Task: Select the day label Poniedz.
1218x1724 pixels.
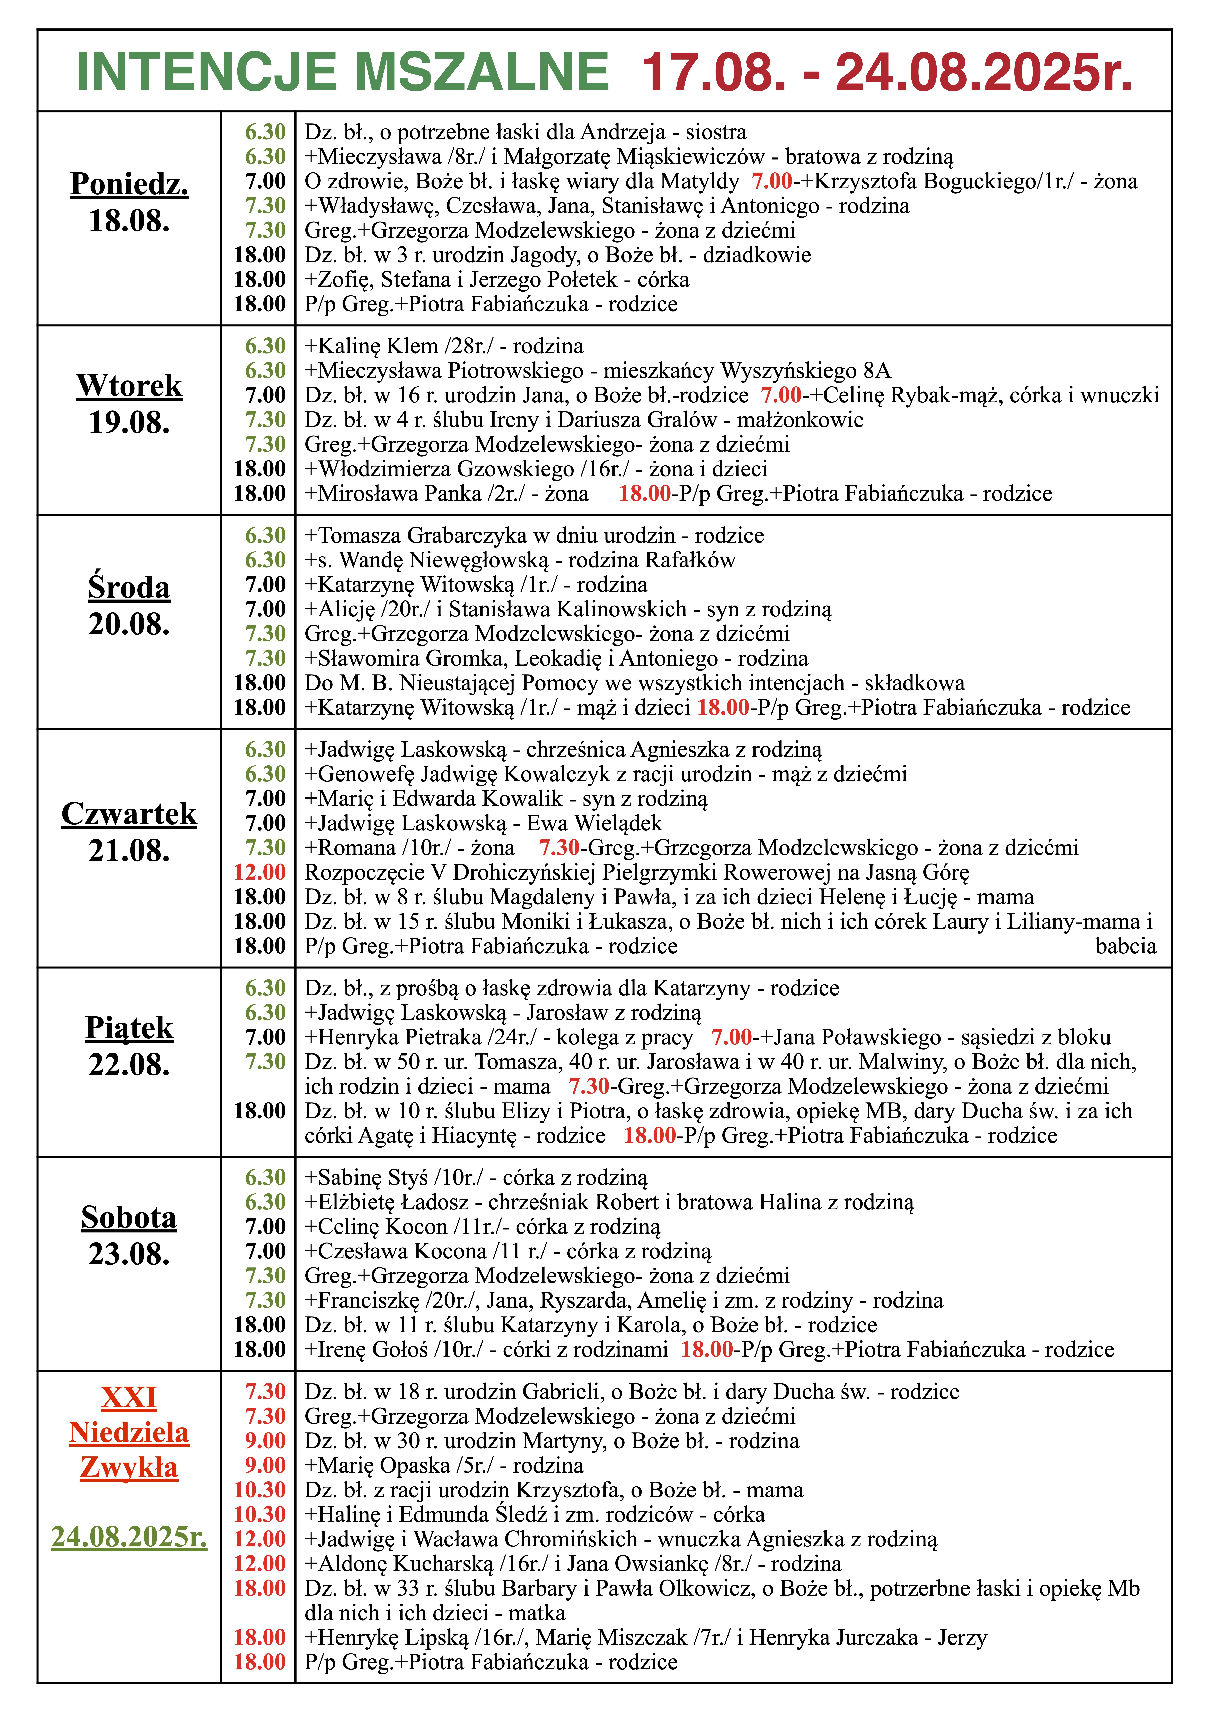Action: coord(129,184)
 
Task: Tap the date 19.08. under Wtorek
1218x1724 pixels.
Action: coord(129,423)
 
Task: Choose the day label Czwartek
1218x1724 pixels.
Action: coord(129,814)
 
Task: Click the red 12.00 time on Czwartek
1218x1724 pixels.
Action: coord(260,872)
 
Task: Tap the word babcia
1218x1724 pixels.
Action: coord(1126,946)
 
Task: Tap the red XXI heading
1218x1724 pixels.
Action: coord(129,1397)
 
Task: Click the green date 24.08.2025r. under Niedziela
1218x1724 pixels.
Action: coord(129,1536)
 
